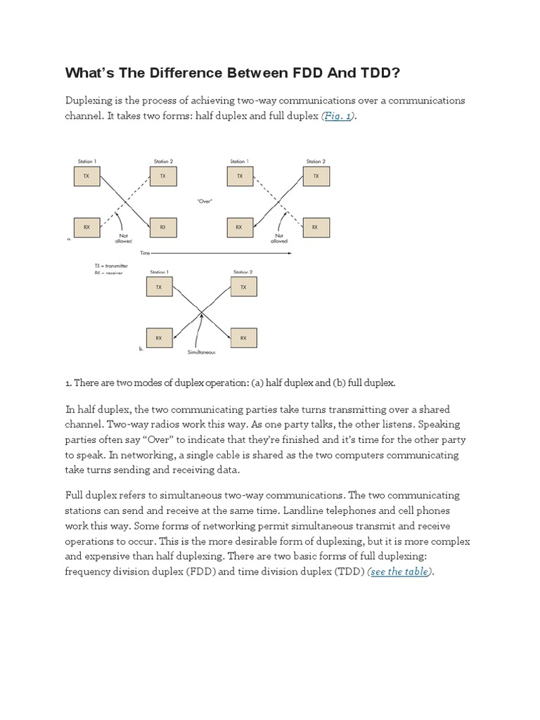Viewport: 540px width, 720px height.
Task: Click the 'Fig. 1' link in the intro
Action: pyautogui.click(x=338, y=116)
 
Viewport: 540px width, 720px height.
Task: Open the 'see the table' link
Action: pyautogui.click(x=399, y=572)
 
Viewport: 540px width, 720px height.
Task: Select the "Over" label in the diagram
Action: pyautogui.click(x=205, y=201)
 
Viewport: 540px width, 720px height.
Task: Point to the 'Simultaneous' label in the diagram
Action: pyautogui.click(x=201, y=352)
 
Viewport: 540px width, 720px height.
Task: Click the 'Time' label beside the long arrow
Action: pyautogui.click(x=146, y=252)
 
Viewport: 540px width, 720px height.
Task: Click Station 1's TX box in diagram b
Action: pyautogui.click(x=159, y=287)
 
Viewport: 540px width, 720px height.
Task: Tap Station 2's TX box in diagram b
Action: pyautogui.click(x=243, y=287)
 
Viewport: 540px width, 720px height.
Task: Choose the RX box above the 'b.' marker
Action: pyautogui.click(x=159, y=338)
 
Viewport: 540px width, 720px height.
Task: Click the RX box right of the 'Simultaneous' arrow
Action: pyautogui.click(x=243, y=338)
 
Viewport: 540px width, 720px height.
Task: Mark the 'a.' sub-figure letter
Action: pyautogui.click(x=69, y=239)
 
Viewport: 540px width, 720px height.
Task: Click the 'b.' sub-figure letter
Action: pyautogui.click(x=141, y=349)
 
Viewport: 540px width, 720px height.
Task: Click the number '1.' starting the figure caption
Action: pyautogui.click(x=68, y=383)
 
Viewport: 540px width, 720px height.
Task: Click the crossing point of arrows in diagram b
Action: pyautogui.click(x=202, y=312)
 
